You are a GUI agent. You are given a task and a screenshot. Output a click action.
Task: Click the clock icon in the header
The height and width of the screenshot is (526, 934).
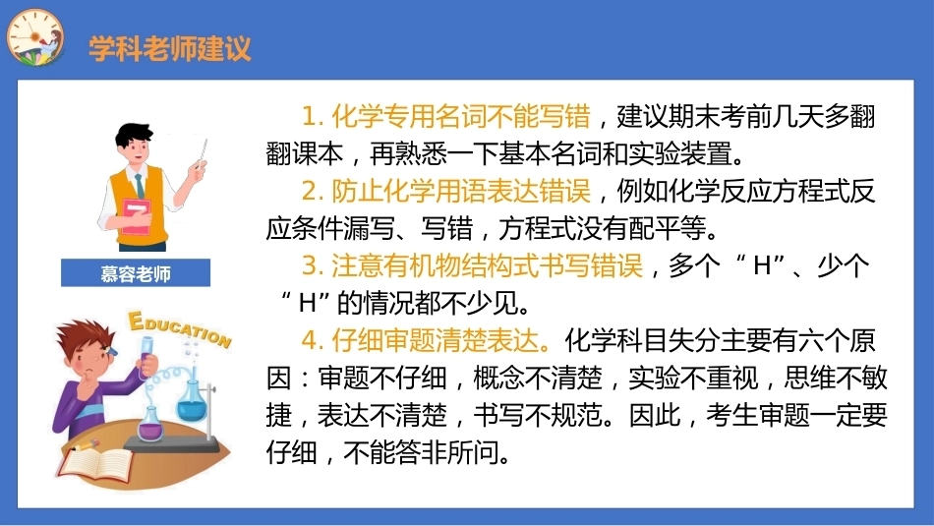[34, 37]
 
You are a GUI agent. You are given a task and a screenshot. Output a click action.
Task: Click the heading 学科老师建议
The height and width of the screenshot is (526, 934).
[170, 48]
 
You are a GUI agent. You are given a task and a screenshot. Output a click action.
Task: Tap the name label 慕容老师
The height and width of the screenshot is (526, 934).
[136, 273]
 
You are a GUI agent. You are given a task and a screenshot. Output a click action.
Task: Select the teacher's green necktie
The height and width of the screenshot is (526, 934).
[140, 185]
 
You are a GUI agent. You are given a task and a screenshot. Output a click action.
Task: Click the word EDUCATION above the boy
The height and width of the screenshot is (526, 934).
[180, 328]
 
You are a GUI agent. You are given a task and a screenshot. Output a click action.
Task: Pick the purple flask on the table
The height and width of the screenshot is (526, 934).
[150, 422]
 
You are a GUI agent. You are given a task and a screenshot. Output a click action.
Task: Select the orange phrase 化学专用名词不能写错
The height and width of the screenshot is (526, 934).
[461, 116]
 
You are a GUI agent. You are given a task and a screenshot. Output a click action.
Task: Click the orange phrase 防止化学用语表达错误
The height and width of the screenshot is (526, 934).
[461, 191]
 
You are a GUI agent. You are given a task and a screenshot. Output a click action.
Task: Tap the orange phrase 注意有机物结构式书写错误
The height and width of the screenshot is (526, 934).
[488, 265]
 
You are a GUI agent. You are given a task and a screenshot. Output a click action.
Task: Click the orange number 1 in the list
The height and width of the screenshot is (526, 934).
[309, 117]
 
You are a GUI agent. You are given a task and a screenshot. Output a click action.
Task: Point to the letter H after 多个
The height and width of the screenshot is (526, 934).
[763, 266]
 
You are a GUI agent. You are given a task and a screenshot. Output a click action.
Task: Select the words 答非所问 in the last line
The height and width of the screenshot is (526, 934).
[447, 453]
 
